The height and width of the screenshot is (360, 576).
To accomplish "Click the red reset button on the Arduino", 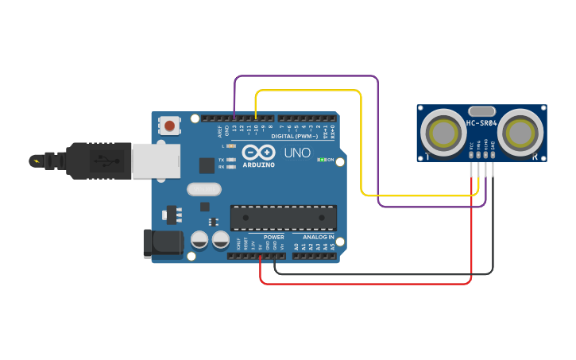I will click(169, 125).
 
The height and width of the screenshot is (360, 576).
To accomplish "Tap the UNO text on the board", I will click(297, 153).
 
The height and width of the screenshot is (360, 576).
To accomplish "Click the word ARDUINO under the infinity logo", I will click(258, 165).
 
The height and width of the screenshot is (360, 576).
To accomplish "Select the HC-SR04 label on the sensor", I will click(481, 123).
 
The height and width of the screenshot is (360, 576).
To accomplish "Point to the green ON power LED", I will click(321, 160).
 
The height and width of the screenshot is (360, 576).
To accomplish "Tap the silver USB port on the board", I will click(155, 161).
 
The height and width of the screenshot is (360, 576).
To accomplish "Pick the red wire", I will click(365, 283).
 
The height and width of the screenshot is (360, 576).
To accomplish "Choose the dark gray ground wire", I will click(381, 273).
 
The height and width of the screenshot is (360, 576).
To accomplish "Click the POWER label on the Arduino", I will click(273, 237).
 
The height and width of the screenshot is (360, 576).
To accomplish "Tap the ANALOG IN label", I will click(318, 237).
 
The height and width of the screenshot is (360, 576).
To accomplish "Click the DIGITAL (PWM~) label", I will click(294, 136).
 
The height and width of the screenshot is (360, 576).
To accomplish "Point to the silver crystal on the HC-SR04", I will click(481, 111).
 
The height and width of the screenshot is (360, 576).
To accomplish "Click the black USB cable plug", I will click(95, 160).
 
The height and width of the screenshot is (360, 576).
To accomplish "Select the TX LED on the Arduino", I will click(230, 160).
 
